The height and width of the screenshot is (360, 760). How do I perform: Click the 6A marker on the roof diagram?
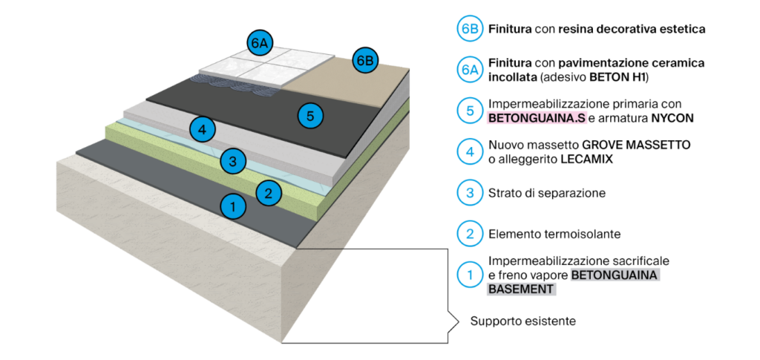pos(259,43)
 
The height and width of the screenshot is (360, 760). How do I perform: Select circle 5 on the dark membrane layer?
pos(310,115)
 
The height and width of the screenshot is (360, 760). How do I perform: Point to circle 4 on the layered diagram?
pos(203,129)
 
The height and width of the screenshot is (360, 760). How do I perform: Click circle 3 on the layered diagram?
pos(233,160)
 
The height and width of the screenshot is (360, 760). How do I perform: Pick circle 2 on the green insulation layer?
pos(269,193)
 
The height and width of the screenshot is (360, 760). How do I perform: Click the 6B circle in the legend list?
pos(468,30)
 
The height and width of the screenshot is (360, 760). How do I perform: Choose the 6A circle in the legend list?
pos(468,71)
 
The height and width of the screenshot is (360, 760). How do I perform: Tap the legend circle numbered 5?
pos(468,111)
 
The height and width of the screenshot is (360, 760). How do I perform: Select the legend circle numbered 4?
pos(468,152)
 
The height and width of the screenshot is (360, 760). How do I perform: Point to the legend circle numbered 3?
pos(468,193)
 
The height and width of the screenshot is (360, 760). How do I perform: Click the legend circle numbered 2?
pos(468,234)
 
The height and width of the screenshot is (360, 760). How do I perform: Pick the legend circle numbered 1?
pos(468,275)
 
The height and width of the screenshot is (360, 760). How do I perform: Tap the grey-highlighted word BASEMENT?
pos(521,289)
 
